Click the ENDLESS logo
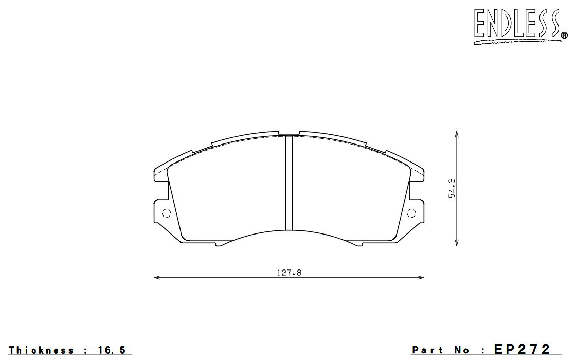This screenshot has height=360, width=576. point(519,26)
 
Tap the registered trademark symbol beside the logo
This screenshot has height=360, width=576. point(565,35)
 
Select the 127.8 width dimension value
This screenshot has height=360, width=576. point(289,273)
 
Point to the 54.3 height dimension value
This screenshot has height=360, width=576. point(452,188)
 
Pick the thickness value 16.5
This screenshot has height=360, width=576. point(112,350)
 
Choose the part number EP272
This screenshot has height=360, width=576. point(522,349)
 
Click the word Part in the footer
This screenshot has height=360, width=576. point(427,350)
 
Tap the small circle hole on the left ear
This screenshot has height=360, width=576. point(167,213)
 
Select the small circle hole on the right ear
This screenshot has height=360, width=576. point(411,213)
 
